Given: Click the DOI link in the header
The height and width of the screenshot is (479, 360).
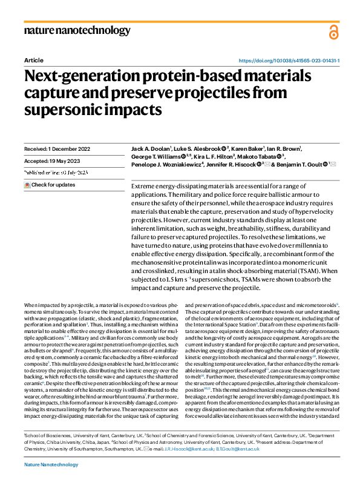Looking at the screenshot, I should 289,61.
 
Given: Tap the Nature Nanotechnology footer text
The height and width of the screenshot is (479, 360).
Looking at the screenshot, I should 51,464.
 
